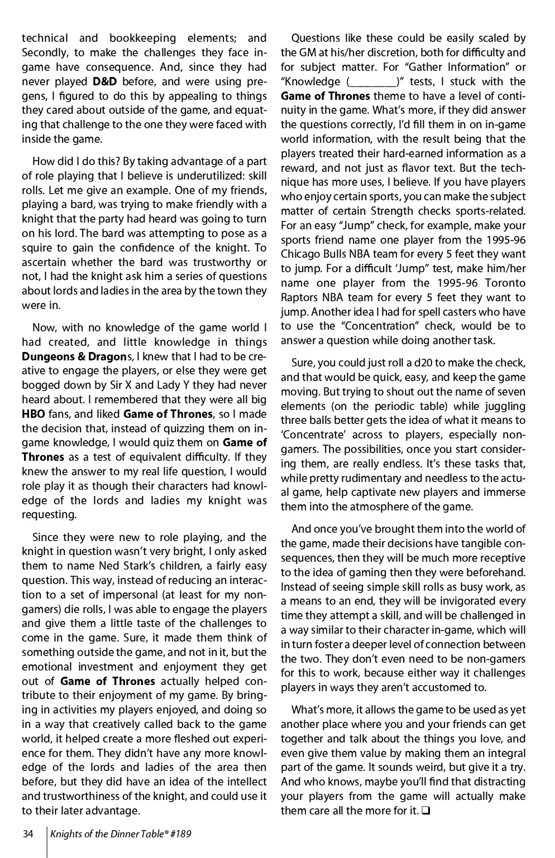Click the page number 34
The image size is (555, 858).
pyautogui.click(x=28, y=835)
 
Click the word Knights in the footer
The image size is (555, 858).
pyautogui.click(x=66, y=835)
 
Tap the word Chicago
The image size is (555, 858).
pyautogui.click(x=300, y=254)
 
